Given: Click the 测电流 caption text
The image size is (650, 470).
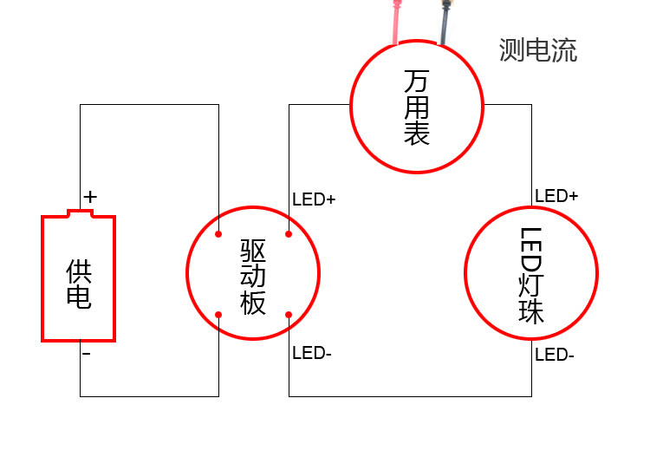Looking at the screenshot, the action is coord(537,50).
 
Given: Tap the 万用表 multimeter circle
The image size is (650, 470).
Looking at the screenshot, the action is coord(417,107).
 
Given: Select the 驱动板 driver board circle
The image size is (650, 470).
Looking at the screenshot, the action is coord(253,272).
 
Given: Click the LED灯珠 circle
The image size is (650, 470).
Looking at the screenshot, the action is coord(531,274).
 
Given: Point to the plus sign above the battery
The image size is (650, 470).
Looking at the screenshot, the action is coord(90,198).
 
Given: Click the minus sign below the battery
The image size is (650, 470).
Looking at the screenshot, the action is coord(86,354).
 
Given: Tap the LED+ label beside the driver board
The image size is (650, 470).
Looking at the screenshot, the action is coord(314,199).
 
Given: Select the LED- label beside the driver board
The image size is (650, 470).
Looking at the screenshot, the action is coord(312,353).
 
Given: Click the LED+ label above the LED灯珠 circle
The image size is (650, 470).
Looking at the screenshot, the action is coord(556,196).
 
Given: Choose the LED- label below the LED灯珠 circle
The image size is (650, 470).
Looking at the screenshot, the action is coord(555,355).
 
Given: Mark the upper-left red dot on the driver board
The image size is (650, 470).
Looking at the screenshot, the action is coord(218,233).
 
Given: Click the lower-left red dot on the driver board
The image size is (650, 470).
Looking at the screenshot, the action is coord(218,313).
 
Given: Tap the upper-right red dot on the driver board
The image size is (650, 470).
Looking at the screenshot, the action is coord(289,233).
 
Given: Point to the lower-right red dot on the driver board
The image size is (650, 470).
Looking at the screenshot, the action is coord(289,313).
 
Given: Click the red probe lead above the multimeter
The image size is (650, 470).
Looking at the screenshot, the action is coord(396,21).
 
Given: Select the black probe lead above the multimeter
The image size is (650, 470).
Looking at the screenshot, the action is coord(445,21).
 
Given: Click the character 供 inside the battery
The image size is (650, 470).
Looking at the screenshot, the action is coord(78,271).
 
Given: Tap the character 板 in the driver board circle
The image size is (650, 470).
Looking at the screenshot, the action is coord(253,304).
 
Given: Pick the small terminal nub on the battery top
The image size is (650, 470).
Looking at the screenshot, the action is coord(80,212).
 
